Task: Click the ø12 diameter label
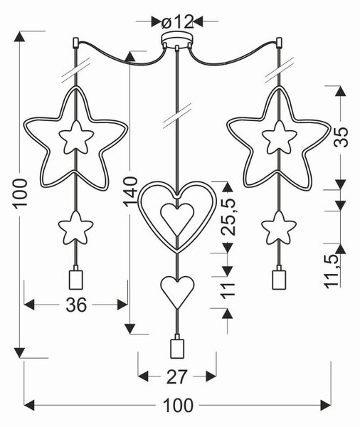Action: click(x=177, y=22)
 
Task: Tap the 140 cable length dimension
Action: click(x=130, y=191)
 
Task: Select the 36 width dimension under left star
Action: click(x=76, y=305)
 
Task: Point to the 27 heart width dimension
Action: click(x=177, y=376)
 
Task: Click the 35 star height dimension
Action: click(x=341, y=137)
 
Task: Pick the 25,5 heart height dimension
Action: click(x=228, y=217)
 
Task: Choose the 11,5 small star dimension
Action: click(x=332, y=271)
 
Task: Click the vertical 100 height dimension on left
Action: click(x=21, y=194)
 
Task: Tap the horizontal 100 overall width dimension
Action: click(x=178, y=405)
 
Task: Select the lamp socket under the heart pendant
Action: click(x=176, y=347)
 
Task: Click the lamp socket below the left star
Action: click(x=75, y=277)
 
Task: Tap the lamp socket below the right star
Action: click(x=279, y=278)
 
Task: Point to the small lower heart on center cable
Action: click(x=177, y=292)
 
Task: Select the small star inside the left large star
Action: click(x=76, y=137)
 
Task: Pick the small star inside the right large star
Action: click(x=279, y=137)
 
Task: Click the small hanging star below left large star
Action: click(x=75, y=228)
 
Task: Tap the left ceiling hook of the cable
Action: click(x=75, y=43)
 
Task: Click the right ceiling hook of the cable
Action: click(x=279, y=43)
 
